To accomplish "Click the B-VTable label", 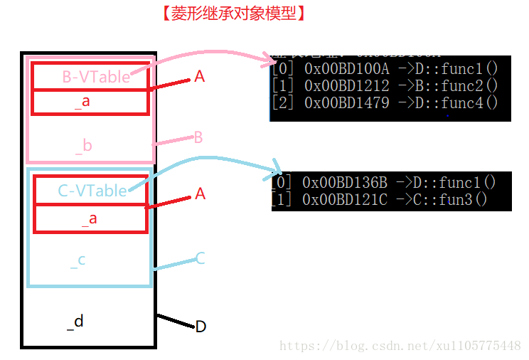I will tap(96, 77).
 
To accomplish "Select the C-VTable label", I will tap(92, 190).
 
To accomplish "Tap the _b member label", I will tap(84, 146).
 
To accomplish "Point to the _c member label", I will tap(78, 260).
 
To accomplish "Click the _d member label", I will tap(75, 322).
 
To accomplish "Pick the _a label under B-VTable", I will tap(82, 102).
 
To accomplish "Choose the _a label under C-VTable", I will tap(89, 218).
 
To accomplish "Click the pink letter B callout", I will tap(199, 137).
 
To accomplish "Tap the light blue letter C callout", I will tap(200, 258).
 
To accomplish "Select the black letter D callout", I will tap(201, 327).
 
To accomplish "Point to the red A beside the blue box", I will tap(200, 194).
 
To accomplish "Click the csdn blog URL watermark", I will tap(400, 346).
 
